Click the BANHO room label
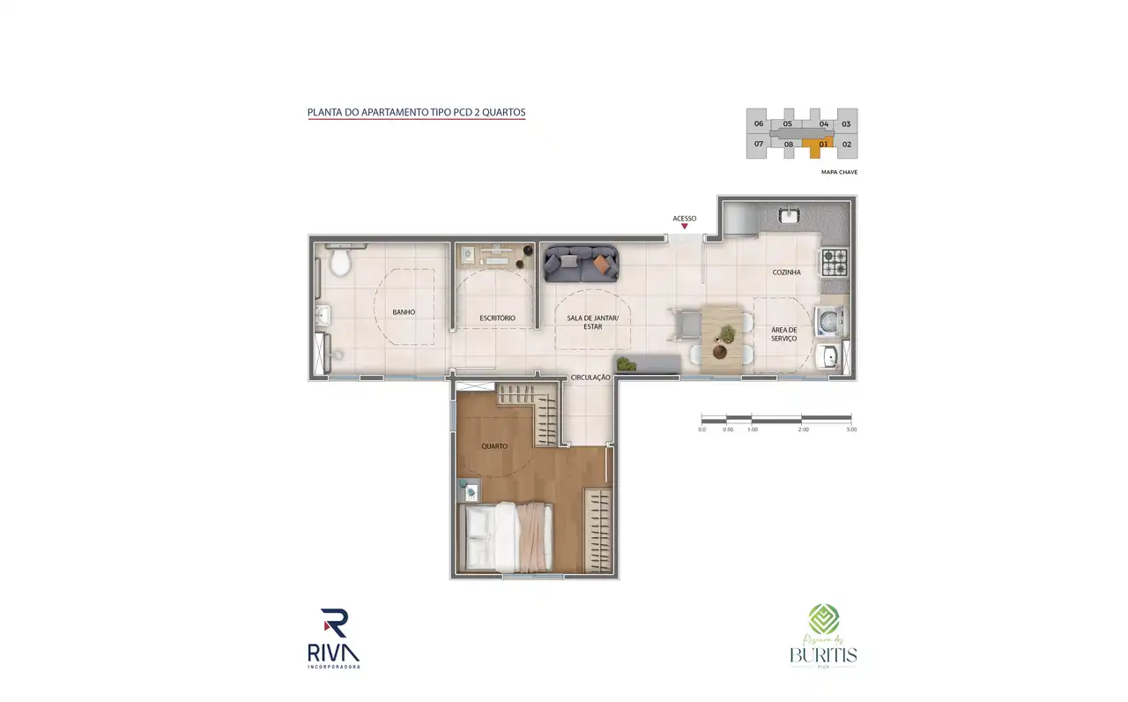[404, 312]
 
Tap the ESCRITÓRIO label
[497, 317]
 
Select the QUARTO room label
[494, 446]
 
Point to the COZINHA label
[786, 273]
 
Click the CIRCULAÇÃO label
[590, 377]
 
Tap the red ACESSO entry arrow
[685, 227]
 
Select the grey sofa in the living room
[581, 264]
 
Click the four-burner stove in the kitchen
[834, 261]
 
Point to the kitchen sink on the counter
[788, 215]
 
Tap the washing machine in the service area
[829, 321]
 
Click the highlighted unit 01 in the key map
[823, 144]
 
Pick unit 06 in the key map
[758, 124]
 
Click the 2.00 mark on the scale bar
[801, 429]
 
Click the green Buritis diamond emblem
[824, 619]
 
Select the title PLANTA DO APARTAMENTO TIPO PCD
[416, 113]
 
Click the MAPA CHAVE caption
[839, 173]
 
